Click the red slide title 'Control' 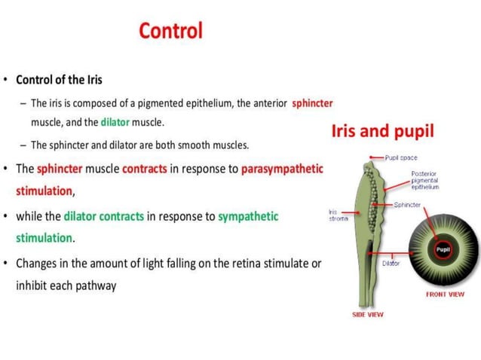point(170,31)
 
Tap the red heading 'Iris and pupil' point(382,131)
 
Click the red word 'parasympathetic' point(282,168)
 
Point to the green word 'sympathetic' point(248,216)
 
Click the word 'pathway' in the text point(95,286)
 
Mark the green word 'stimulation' point(44,238)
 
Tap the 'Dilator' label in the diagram point(391,263)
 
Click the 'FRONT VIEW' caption point(445,294)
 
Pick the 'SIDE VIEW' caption point(367,314)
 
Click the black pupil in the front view point(442,249)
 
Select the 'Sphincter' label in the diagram point(407,205)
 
